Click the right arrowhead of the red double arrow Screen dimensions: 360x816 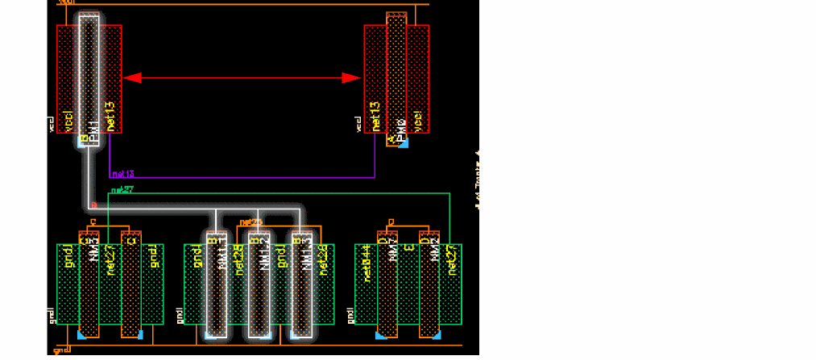point(352,78)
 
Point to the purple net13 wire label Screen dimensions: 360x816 point(122,173)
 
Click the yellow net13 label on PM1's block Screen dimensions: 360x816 point(111,117)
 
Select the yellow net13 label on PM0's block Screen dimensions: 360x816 point(375,117)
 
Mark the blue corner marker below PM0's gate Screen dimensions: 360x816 point(404,143)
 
